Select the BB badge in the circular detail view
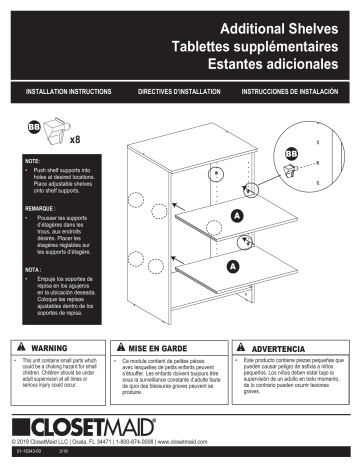292,153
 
